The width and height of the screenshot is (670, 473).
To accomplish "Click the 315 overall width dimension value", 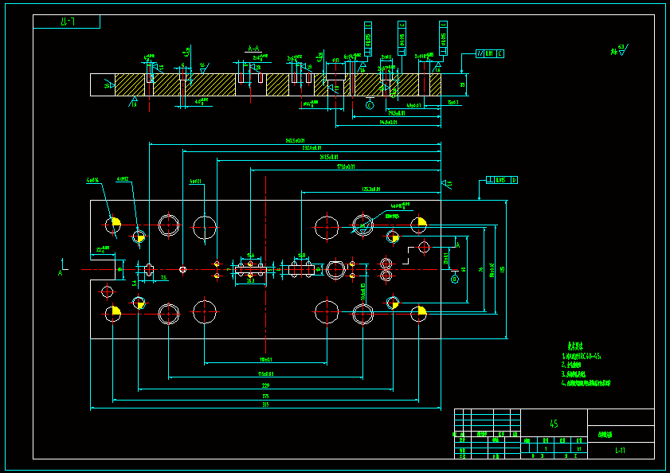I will pos(265,405).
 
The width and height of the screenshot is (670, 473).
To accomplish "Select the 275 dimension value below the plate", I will pos(265,396).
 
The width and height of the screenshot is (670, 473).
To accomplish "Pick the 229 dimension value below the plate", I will pos(265,385).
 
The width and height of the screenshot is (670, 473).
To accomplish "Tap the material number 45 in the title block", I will pos(554,424).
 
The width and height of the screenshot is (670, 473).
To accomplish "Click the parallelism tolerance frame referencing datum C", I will pos(489,53).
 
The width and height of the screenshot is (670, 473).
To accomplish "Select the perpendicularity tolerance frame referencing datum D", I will pos(502,180).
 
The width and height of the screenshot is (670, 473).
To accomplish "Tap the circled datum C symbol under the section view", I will pos(370,104).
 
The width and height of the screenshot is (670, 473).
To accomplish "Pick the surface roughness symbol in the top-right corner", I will pos(619,50).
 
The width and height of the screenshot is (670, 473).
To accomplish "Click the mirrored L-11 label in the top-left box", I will pos(67,21).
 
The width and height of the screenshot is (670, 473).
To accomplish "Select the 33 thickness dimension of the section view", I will pos(463,84).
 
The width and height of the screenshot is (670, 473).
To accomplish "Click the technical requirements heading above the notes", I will pos(572,346).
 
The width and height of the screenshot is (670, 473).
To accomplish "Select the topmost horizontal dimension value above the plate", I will pos(295,140).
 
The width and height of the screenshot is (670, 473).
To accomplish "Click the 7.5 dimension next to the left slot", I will pos(163,278).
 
